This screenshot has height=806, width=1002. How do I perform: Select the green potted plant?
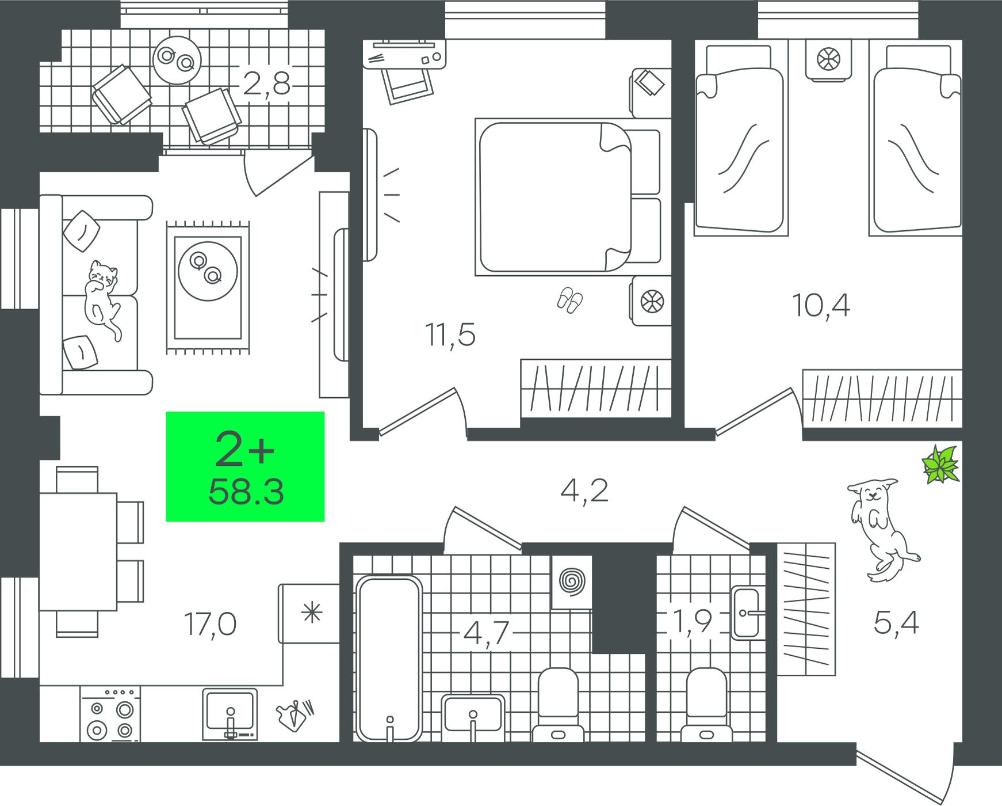(941, 463)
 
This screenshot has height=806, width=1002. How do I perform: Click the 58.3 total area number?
(246, 492)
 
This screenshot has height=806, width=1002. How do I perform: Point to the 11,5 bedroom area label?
(450, 335)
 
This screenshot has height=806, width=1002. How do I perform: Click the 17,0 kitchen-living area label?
(210, 624)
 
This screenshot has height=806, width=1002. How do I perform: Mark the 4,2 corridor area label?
(584, 491)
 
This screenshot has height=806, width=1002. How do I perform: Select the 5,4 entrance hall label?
(896, 623)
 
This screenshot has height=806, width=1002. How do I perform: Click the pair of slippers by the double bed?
(569, 300)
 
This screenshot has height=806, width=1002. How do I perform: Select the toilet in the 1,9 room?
(706, 705)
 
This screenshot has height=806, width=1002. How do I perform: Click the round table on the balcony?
(177, 60)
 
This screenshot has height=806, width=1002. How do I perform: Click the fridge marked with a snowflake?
(310, 613)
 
